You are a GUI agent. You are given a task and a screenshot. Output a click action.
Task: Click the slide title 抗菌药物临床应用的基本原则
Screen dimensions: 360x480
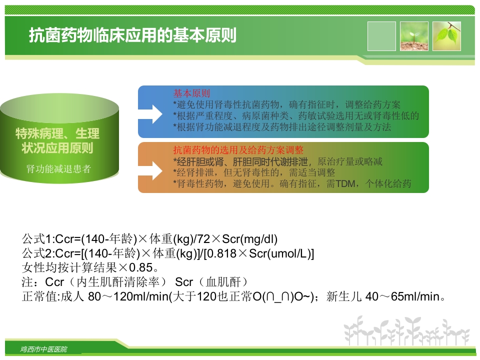(x=132, y=35)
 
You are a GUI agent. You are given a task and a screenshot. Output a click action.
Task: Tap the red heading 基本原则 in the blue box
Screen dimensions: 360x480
(x=191, y=93)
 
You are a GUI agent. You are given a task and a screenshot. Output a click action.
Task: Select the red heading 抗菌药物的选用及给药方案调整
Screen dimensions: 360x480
(x=238, y=150)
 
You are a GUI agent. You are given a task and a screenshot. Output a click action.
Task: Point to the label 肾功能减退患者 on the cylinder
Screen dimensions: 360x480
(x=58, y=169)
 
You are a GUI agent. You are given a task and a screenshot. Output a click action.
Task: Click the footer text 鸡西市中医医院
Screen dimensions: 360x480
(x=44, y=349)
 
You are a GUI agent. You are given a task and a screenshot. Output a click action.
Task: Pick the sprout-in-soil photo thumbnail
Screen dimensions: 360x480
(x=414, y=36)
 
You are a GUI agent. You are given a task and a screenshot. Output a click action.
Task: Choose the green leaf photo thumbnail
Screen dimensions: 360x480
(x=446, y=36)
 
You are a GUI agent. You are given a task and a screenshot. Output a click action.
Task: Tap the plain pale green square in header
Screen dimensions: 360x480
(x=381, y=36)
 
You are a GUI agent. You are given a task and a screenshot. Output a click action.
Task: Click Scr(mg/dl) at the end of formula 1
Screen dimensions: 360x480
(x=249, y=239)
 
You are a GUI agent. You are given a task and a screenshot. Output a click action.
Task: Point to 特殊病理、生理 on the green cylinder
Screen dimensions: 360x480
(x=57, y=133)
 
